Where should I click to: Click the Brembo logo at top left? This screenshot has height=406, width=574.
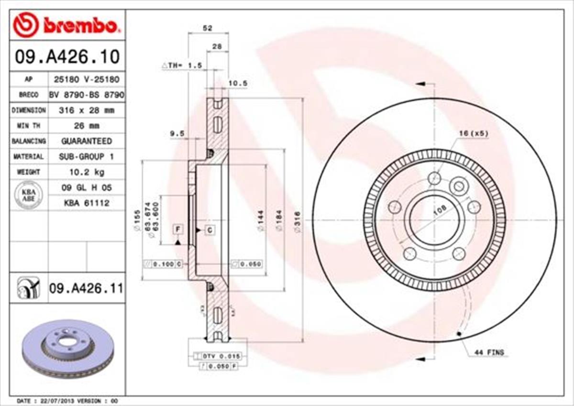pos(66,25)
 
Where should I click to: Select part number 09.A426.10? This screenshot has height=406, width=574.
pos(67,57)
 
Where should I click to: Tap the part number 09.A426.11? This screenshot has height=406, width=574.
pos(86,288)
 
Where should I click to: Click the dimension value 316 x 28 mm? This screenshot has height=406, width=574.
pos(86,110)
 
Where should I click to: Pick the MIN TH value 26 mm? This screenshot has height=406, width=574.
pos(86,126)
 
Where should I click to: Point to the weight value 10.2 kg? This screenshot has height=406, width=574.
pos(86,172)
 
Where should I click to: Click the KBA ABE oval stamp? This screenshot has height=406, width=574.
pos(29,195)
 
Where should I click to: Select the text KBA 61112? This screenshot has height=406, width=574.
pos(86,203)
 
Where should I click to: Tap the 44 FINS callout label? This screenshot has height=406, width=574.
pos(489,352)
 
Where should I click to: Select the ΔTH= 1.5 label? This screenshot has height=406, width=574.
pos(182,65)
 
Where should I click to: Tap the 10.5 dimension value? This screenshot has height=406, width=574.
pos(237,83)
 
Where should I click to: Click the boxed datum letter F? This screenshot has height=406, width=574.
pos(178,230)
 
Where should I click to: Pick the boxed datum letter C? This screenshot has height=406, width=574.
pos(210,230)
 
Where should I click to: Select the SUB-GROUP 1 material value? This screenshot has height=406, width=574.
pos(86,156)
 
